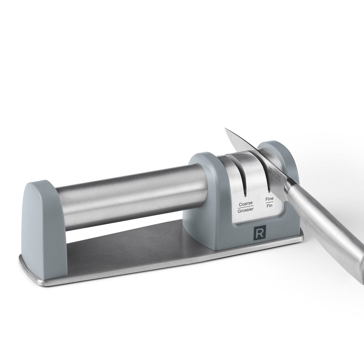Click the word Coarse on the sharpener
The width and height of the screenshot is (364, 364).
pyautogui.click(x=246, y=204)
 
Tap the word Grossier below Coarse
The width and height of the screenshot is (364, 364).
pyautogui.click(x=246, y=211)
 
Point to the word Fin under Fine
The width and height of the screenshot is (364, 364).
pyautogui.click(x=269, y=206)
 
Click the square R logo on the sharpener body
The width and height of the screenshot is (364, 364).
pyautogui.click(x=260, y=233)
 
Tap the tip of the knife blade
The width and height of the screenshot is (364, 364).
pyautogui.click(x=226, y=129)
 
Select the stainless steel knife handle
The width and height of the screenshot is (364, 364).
pyautogui.click(x=328, y=226)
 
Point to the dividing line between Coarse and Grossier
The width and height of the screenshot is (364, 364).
pyautogui.click(x=246, y=207)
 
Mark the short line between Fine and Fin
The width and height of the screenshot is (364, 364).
pyautogui.click(x=269, y=202)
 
